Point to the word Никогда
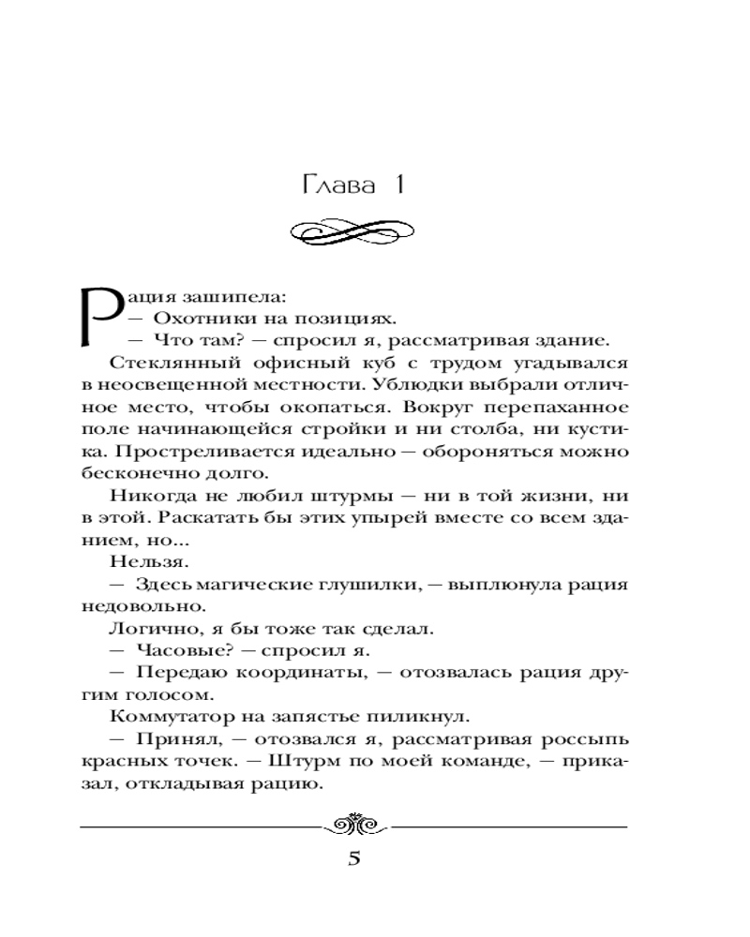point(148,498)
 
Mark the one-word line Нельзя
point(138,565)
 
